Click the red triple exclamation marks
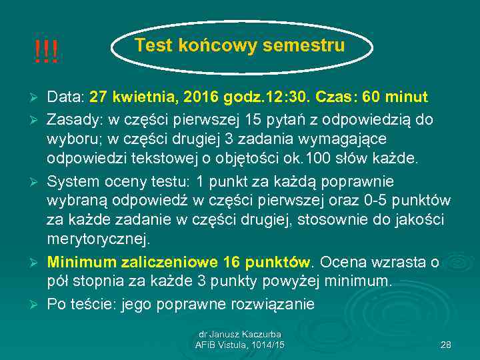point(47,51)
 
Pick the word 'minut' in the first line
point(407,97)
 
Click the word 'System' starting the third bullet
point(72,182)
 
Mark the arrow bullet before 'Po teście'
point(35,304)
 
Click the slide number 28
point(447,344)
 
